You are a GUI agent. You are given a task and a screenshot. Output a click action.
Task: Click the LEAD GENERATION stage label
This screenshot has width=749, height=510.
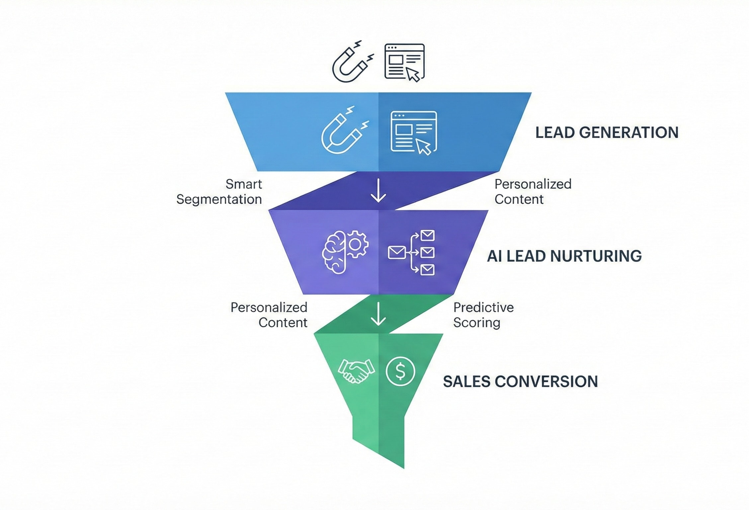pos(607,132)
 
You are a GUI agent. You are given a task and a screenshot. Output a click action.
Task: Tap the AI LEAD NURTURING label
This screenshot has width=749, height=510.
pos(564,256)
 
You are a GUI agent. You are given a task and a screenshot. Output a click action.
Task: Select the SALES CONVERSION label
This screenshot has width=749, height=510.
pos(520,382)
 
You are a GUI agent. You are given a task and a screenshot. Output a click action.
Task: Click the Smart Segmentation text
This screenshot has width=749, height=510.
pos(219,192)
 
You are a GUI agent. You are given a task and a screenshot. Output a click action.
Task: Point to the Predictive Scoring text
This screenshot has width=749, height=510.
pos(483,315)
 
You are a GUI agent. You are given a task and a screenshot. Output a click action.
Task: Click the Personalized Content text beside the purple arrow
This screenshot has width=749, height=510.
pos(533,192)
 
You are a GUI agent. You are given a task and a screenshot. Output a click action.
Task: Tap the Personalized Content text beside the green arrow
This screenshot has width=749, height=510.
pos(269,315)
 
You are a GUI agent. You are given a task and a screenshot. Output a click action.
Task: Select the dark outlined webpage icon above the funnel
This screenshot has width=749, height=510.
pos(404,62)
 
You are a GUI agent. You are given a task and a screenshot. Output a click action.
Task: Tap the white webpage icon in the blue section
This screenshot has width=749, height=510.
pos(414,132)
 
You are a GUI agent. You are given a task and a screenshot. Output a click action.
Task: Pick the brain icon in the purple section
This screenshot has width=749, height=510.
pos(334,252)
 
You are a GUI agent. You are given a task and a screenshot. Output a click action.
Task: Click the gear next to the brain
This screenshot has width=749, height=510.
pos(356,244)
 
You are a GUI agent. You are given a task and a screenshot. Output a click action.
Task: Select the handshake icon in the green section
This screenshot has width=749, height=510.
pos(356,371)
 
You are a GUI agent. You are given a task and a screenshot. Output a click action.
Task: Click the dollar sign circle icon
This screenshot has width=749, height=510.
pos(400,371)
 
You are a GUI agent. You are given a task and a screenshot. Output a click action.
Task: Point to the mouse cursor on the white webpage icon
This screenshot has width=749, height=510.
pos(423,147)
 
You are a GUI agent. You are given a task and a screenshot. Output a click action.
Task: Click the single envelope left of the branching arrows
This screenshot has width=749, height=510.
pos(396,253)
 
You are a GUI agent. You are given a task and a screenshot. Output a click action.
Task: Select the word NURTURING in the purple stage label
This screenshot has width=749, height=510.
pos(596,256)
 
